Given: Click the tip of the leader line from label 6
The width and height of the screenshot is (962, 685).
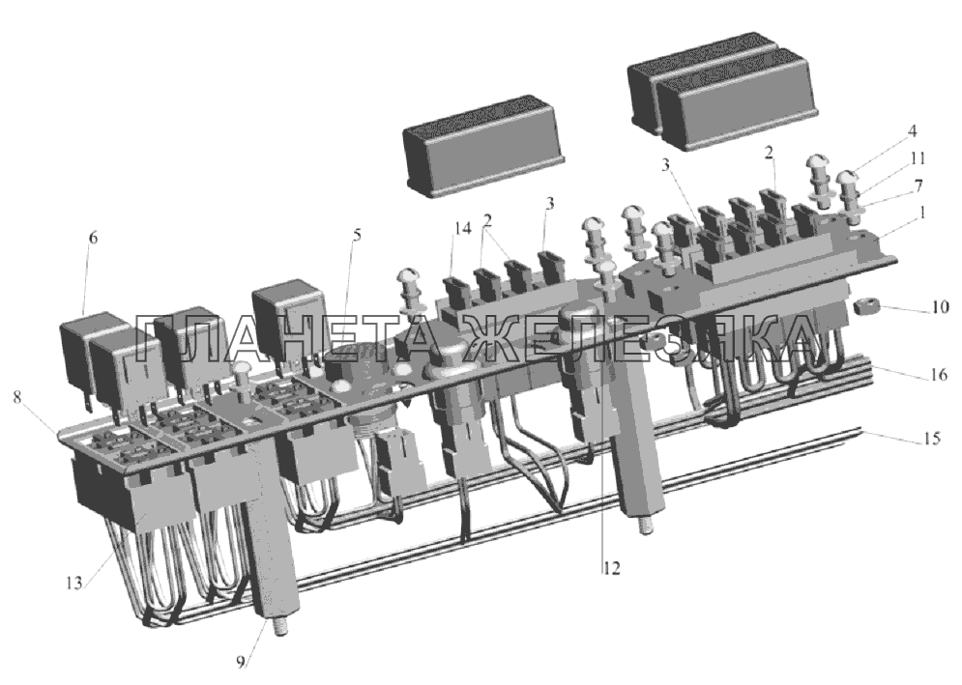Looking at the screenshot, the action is coord(83,314).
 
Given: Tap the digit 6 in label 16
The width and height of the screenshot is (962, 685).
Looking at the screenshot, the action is coord(943,374).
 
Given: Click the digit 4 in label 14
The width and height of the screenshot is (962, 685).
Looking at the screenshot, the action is coord(467,229).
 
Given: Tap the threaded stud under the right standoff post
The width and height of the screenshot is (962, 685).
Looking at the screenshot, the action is coord(645,526).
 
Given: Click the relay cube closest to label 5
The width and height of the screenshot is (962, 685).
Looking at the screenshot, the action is coord(288,318).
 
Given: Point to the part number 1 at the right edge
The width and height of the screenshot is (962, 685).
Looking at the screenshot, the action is coord(923,213).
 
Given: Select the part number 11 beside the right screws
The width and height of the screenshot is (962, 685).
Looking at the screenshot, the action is coord(918,158).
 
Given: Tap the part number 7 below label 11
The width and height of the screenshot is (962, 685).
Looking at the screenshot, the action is coord(918,186).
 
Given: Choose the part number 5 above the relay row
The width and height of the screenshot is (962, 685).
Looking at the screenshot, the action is coord(357,234).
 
